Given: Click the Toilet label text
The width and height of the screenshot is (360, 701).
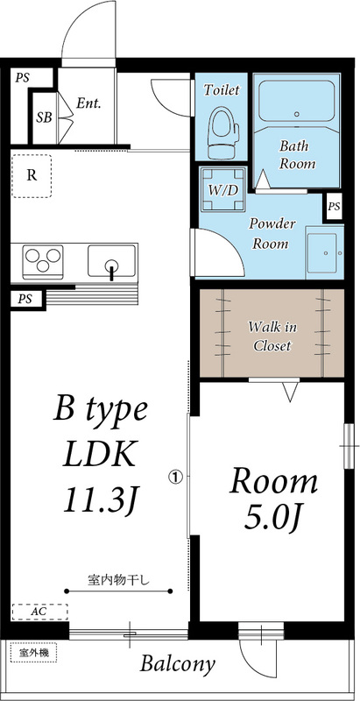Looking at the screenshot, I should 221,89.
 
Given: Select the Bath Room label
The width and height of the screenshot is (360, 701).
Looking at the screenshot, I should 297,154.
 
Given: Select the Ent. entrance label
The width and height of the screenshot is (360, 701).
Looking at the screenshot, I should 88,103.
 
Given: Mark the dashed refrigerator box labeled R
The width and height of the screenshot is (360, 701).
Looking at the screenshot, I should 32,175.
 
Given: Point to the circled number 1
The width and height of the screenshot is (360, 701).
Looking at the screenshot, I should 174,478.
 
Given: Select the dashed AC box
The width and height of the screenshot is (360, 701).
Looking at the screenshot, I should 39,611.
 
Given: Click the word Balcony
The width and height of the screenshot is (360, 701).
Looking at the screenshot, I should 178,664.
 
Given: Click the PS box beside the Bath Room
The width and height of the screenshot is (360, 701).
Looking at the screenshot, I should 333,207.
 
